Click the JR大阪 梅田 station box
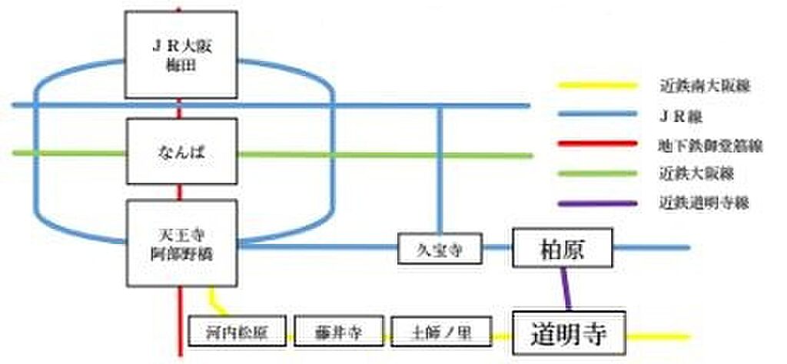click(181, 55)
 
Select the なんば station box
click(181, 152)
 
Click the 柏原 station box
click(564, 247)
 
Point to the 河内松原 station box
click(237, 332)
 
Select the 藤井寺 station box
click(338, 332)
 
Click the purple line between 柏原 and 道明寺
click(567, 289)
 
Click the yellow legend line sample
click(598, 84)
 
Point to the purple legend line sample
click(598, 204)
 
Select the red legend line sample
click(598, 144)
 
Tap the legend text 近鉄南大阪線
click(703, 85)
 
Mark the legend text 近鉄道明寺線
click(703, 204)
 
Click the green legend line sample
click(598, 174)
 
